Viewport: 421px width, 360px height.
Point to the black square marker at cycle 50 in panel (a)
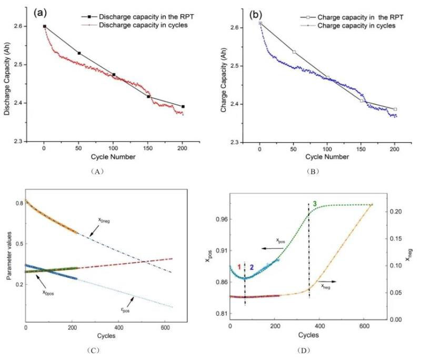[79, 53]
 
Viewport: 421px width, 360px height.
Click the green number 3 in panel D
[315, 203]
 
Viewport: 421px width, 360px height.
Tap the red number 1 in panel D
[239, 267]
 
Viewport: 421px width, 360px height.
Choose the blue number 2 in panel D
[252, 267]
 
